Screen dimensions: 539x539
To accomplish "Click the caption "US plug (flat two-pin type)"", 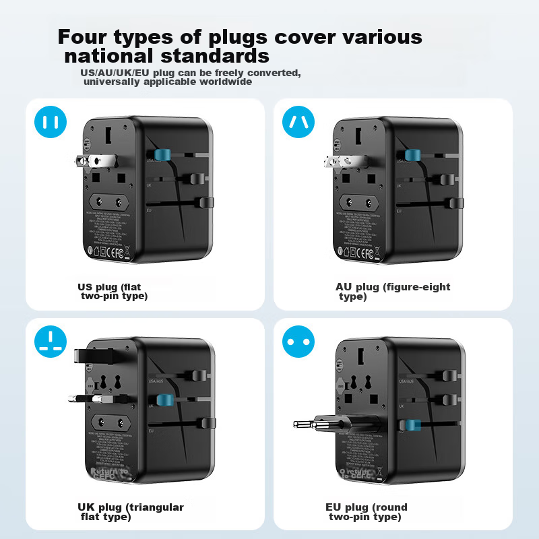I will pos(113,291).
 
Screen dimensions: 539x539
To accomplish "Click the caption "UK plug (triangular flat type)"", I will pos(131,511).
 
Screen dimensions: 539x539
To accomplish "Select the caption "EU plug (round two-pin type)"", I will pos(366,511).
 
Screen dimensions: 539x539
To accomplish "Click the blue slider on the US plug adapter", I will pos(162,156).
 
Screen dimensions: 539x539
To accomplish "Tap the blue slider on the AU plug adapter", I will pos(408,156).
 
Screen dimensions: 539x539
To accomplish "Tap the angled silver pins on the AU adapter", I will pos(336,161).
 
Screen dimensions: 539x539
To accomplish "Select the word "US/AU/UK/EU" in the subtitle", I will pos(108,72).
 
